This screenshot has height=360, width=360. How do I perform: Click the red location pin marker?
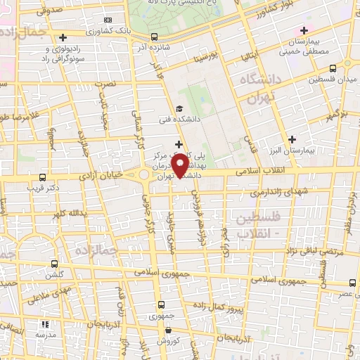181,165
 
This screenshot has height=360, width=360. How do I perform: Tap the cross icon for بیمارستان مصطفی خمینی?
304,30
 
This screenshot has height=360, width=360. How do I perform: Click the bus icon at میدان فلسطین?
352,68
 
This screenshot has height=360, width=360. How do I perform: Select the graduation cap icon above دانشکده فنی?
180,108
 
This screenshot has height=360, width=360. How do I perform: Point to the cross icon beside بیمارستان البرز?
292,139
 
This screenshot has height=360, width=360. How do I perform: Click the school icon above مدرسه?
45,325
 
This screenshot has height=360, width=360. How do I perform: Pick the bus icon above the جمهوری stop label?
162,304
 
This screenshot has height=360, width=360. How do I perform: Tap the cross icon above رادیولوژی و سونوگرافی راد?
63,37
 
